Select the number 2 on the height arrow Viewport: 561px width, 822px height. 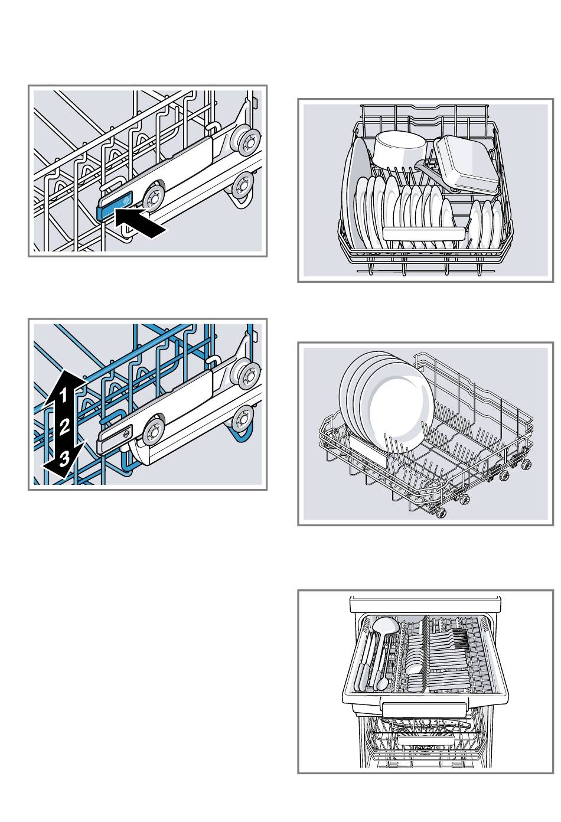66,425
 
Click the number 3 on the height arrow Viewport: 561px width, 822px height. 63,455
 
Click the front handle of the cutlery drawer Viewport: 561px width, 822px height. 424,709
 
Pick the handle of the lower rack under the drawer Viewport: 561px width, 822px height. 425,739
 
